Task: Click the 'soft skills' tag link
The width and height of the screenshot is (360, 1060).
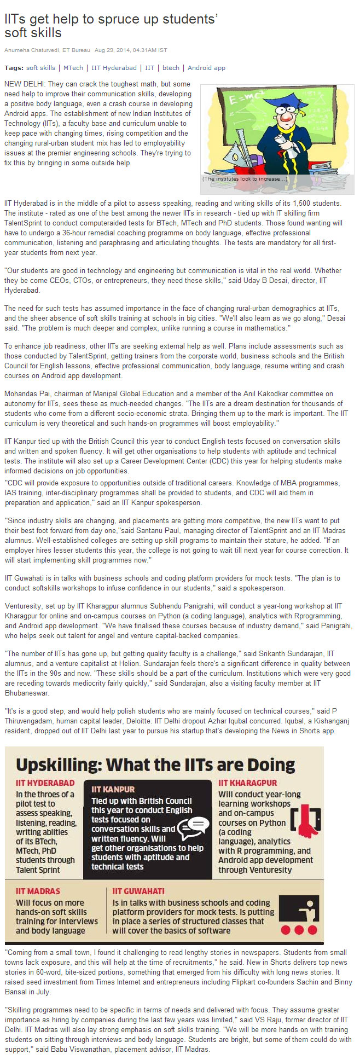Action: (x=40, y=68)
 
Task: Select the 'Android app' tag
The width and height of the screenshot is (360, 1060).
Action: (x=206, y=68)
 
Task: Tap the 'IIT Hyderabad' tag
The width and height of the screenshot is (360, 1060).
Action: (x=114, y=68)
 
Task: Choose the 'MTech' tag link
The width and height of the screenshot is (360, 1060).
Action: (x=73, y=68)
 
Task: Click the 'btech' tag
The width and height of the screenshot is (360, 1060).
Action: (x=171, y=68)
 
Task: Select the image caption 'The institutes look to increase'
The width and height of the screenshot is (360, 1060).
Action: (x=245, y=179)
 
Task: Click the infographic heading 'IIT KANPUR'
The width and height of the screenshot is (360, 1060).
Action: (x=113, y=789)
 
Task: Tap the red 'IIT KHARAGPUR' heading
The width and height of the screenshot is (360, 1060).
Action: (x=247, y=783)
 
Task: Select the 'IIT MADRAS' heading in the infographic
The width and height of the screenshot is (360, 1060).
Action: (x=38, y=891)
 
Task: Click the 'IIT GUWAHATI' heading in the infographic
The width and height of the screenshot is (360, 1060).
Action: (x=138, y=891)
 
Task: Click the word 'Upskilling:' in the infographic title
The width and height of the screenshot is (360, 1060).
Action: (x=59, y=764)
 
